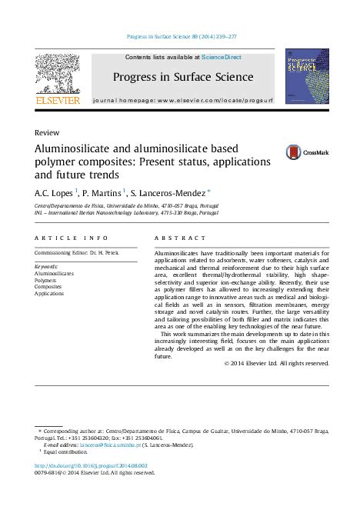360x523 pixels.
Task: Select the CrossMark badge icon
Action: point(295,152)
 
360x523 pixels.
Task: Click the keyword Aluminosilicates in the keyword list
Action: point(55,273)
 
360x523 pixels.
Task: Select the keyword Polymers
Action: point(46,280)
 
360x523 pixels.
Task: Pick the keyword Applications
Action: point(50,294)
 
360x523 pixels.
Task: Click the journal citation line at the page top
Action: point(180,35)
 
